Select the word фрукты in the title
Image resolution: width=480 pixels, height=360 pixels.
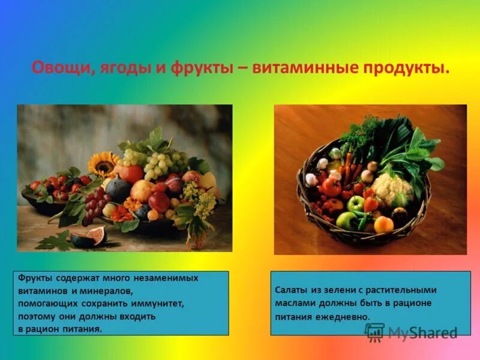click(x=200, y=68)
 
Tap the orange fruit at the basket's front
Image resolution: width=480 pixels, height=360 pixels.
click(x=383, y=224)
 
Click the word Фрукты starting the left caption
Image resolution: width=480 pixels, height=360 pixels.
click(x=35, y=278)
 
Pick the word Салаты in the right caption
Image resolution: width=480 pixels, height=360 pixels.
click(x=291, y=290)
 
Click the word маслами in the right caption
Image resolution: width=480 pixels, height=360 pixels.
click(x=292, y=304)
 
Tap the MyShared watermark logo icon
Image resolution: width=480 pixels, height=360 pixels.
click(x=374, y=332)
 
